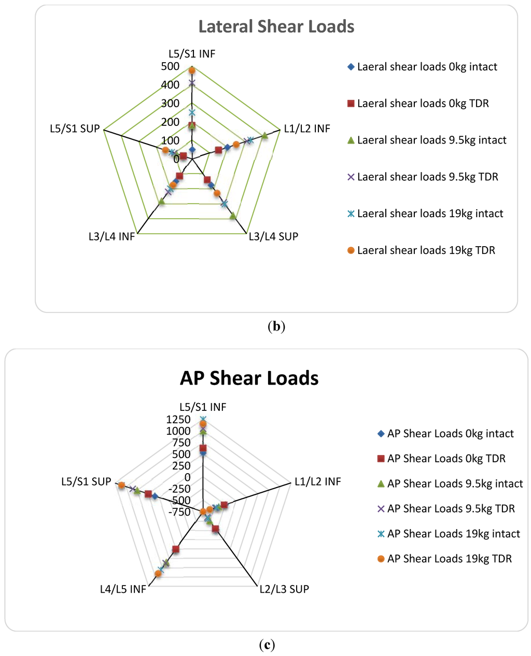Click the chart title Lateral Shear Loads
pyautogui.click(x=276, y=27)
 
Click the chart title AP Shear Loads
pyautogui.click(x=249, y=378)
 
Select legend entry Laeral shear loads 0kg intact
pyautogui.click(x=427, y=67)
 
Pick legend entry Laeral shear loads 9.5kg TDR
pyautogui.click(x=427, y=177)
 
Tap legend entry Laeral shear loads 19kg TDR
pyautogui.click(x=426, y=251)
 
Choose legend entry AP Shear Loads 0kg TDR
pyautogui.click(x=446, y=459)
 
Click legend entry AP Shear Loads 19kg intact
pyautogui.click(x=453, y=534)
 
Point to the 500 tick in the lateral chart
pyautogui.click(x=170, y=67)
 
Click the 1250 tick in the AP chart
pyautogui.click(x=178, y=420)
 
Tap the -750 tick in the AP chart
pyautogui.click(x=178, y=512)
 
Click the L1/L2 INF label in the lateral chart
pyautogui.click(x=307, y=129)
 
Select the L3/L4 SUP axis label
pyautogui.click(x=273, y=237)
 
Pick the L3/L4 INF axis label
pyautogui.click(x=111, y=237)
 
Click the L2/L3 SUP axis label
pyautogui.click(x=284, y=589)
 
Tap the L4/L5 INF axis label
pyautogui.click(x=123, y=589)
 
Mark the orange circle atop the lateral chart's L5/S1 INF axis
pyautogui.click(x=192, y=70)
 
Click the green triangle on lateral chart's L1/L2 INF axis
pyautogui.click(x=264, y=136)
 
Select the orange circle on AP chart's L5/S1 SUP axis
pyautogui.click(x=121, y=485)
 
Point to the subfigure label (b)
pyautogui.click(x=276, y=326)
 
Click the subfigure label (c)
pyautogui.click(x=267, y=645)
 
